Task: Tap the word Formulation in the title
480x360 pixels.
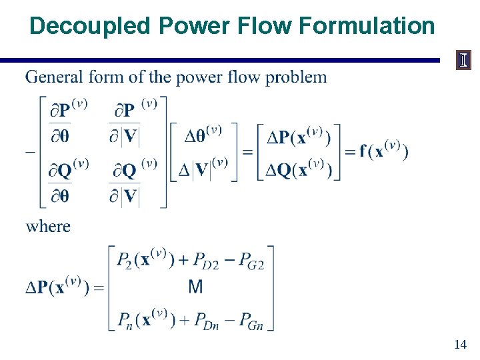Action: pyautogui.click(x=367, y=26)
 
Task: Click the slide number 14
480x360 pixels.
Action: pyautogui.click(x=459, y=345)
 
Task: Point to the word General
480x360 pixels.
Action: pyautogui.click(x=53, y=77)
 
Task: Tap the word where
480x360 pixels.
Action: pyautogui.click(x=48, y=226)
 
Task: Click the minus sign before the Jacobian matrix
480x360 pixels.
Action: pyautogui.click(x=30, y=151)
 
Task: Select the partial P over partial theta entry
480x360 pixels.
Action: pyautogui.click(x=69, y=122)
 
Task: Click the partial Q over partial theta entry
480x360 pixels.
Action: pyautogui.click(x=69, y=181)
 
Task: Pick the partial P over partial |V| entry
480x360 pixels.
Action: pyautogui.click(x=132, y=122)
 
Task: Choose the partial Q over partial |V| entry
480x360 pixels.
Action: pyautogui.click(x=132, y=181)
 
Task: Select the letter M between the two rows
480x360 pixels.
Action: pyautogui.click(x=195, y=287)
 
